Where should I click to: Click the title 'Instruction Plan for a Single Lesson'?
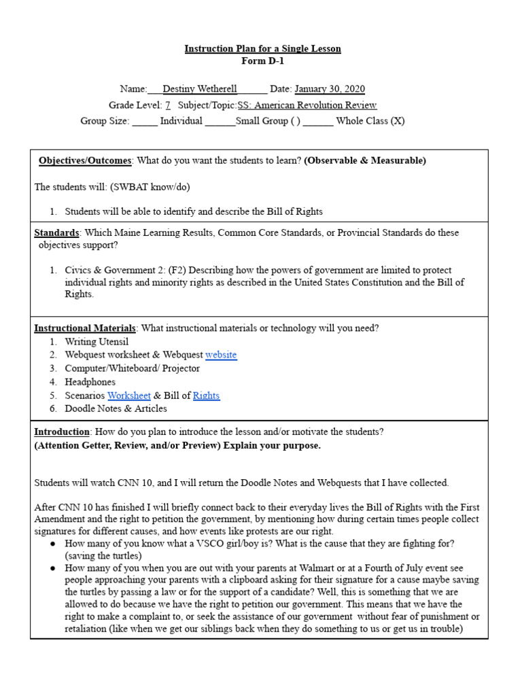pyautogui.click(x=262, y=49)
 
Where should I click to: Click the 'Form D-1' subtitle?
pyautogui.click(x=262, y=61)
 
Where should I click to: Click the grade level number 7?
pyautogui.click(x=168, y=105)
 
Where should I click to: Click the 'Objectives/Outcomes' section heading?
pyautogui.click(x=85, y=160)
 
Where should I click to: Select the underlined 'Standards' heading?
pyautogui.click(x=56, y=232)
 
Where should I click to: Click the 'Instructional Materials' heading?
pyautogui.click(x=85, y=328)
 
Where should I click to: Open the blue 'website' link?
pyautogui.click(x=221, y=355)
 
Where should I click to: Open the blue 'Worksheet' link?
pyautogui.click(x=129, y=396)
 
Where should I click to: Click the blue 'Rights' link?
pyautogui.click(x=207, y=396)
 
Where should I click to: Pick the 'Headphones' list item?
pyautogui.click(x=90, y=382)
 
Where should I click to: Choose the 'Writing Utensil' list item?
pyautogui.click(x=97, y=342)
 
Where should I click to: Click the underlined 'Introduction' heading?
pyautogui.click(x=62, y=432)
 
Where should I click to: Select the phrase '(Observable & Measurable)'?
pyautogui.click(x=365, y=160)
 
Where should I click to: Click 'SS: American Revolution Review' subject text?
pyautogui.click(x=307, y=105)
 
